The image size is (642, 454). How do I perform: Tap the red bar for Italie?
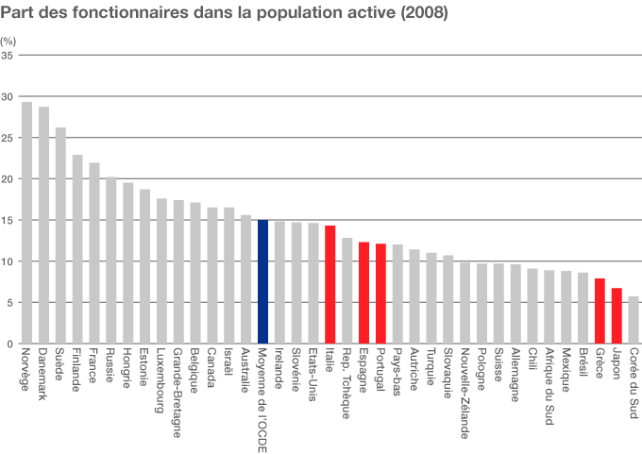(330, 284)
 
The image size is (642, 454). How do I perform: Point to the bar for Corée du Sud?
(634, 320)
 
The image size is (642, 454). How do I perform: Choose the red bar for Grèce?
(600, 311)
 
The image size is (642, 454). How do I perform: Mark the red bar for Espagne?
(363, 293)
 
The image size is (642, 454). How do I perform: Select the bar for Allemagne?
(515, 304)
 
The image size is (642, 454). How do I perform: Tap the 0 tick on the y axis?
(10, 344)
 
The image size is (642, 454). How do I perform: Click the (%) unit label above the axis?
(8, 42)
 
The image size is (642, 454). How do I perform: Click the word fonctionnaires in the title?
(112, 14)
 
